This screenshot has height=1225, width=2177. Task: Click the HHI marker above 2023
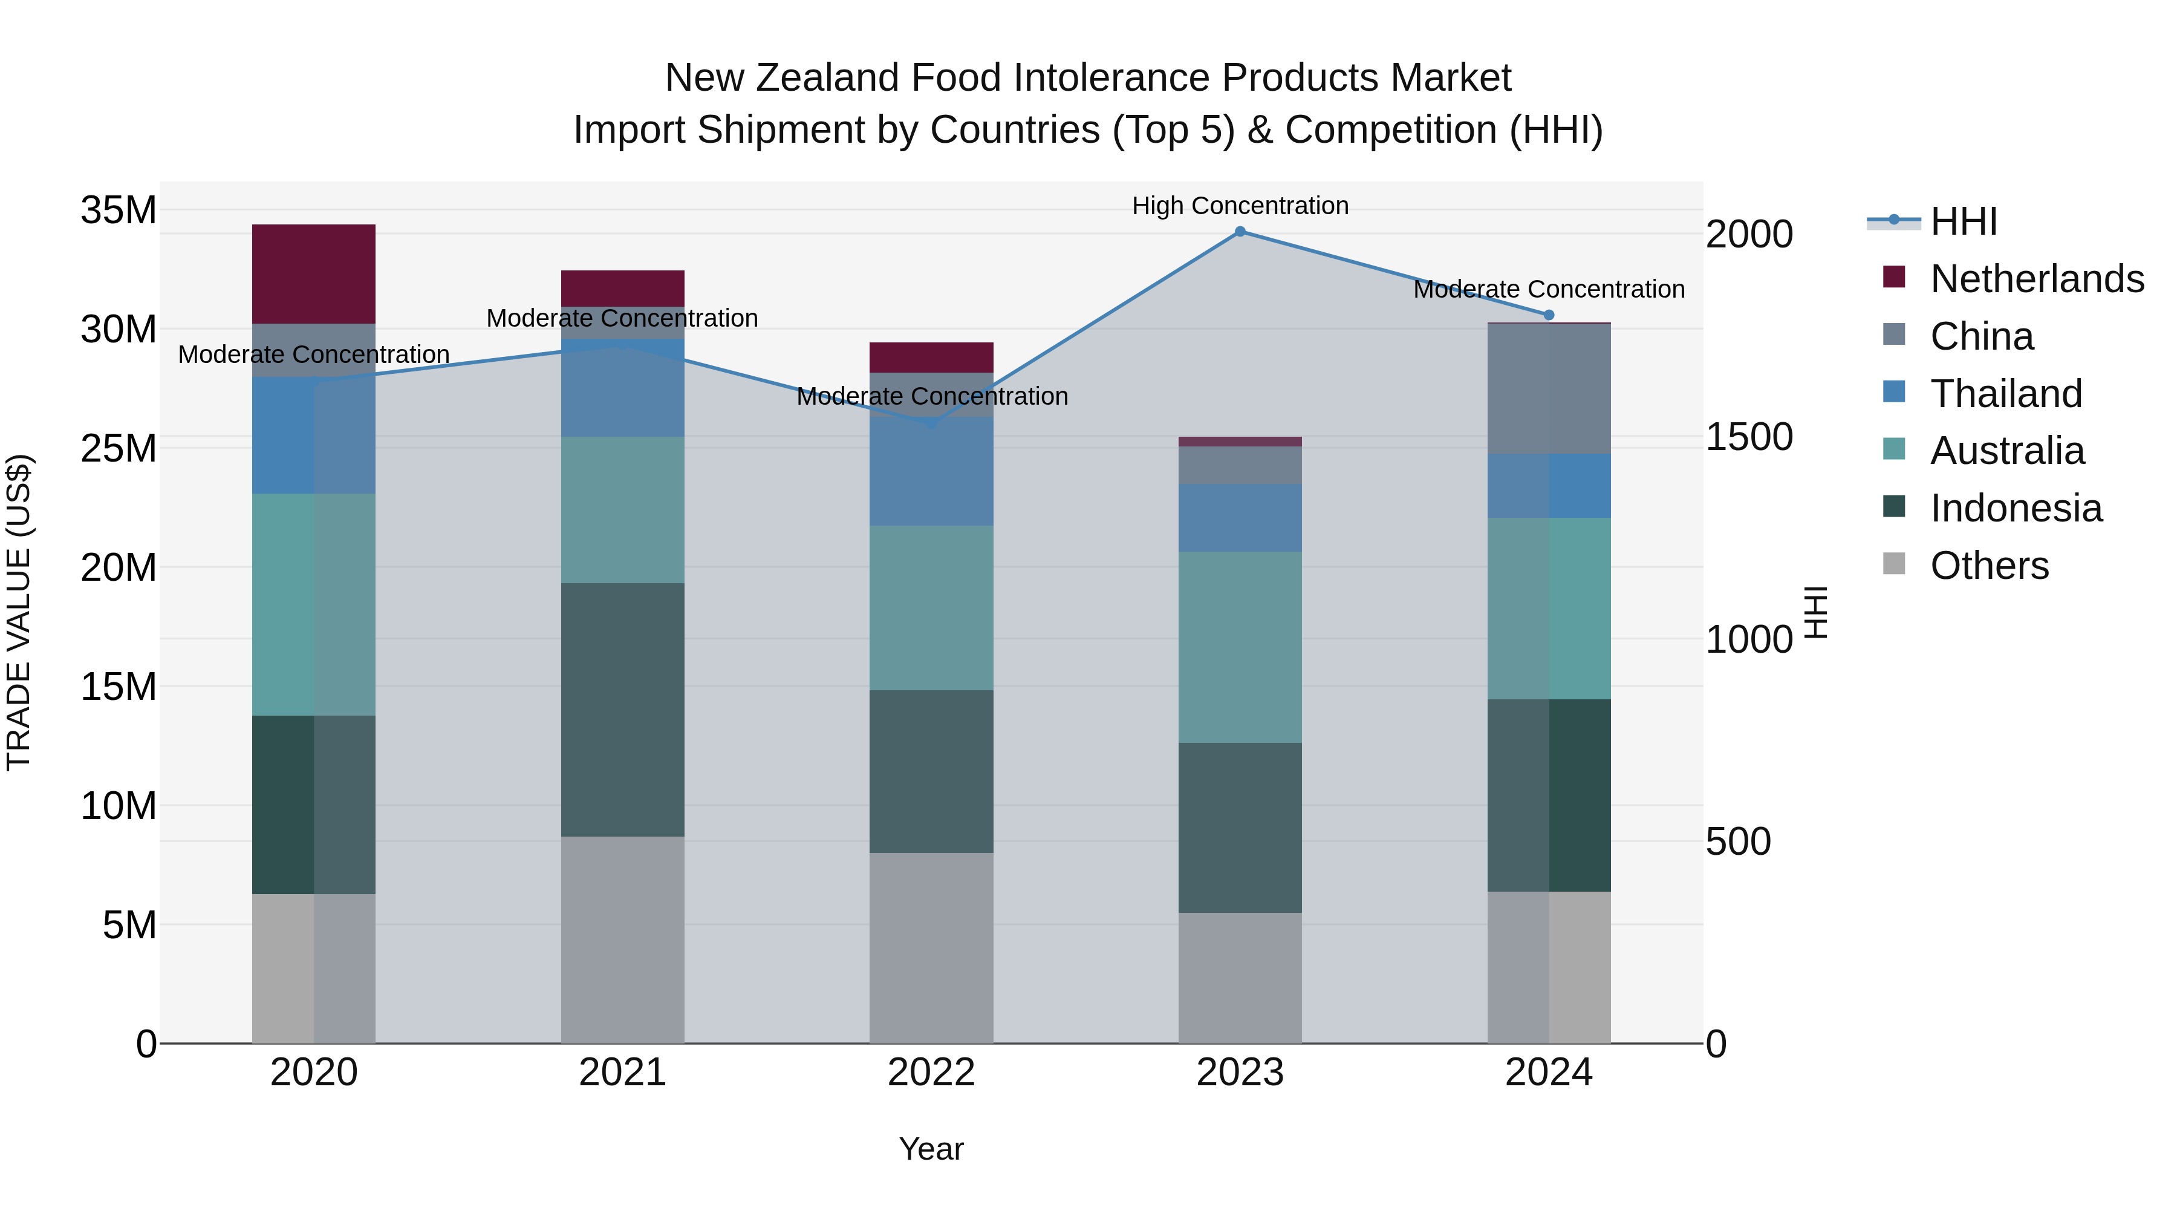(1240, 232)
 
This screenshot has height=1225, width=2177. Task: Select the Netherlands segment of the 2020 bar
(313, 274)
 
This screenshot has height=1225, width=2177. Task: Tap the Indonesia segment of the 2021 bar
(623, 710)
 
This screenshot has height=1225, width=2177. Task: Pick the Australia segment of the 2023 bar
(1240, 647)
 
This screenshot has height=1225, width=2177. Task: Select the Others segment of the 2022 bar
(931, 948)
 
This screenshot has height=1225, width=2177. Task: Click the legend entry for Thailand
(2005, 394)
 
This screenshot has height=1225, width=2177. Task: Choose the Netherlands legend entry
(2037, 279)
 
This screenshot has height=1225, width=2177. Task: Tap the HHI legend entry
(1963, 221)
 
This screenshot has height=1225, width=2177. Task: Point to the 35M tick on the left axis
(119, 210)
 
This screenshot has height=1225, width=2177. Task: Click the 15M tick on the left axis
(119, 687)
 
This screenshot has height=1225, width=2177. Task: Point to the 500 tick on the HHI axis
(1737, 842)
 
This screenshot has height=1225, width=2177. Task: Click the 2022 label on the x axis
(931, 1073)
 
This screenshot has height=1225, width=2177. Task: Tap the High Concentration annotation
(1240, 206)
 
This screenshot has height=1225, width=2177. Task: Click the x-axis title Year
(931, 1149)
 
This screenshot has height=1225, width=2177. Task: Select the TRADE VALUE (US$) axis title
(19, 612)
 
